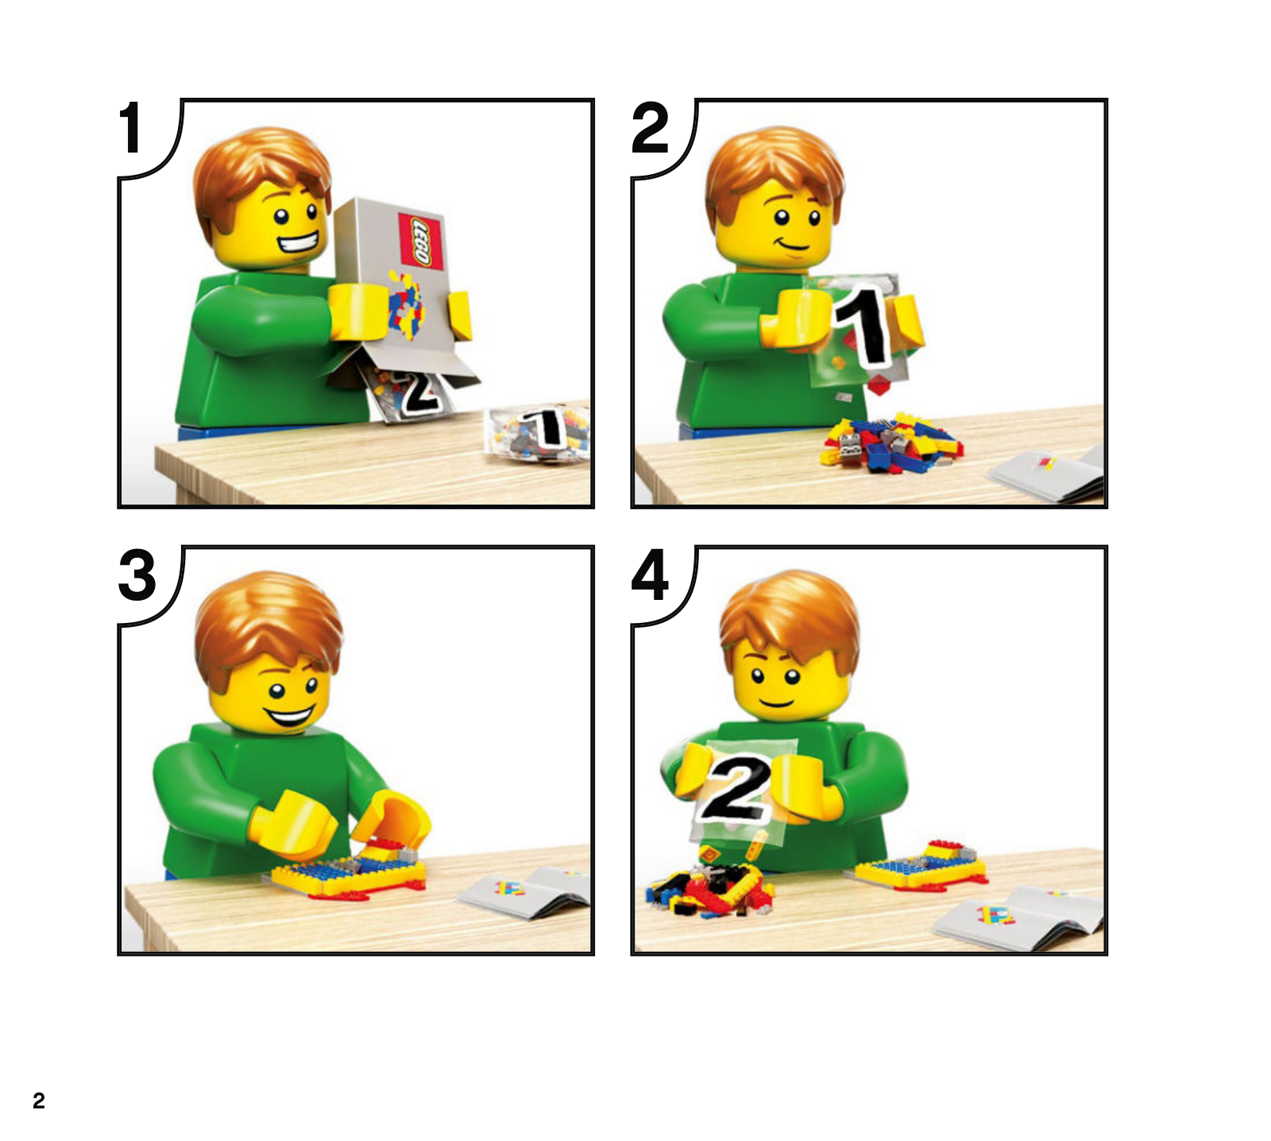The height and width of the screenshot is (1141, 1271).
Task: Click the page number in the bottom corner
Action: click(39, 1100)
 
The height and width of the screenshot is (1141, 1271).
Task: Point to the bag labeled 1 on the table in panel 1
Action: click(538, 434)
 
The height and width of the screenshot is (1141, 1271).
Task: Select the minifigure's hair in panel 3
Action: click(268, 628)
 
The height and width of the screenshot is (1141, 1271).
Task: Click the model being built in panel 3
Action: click(350, 871)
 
